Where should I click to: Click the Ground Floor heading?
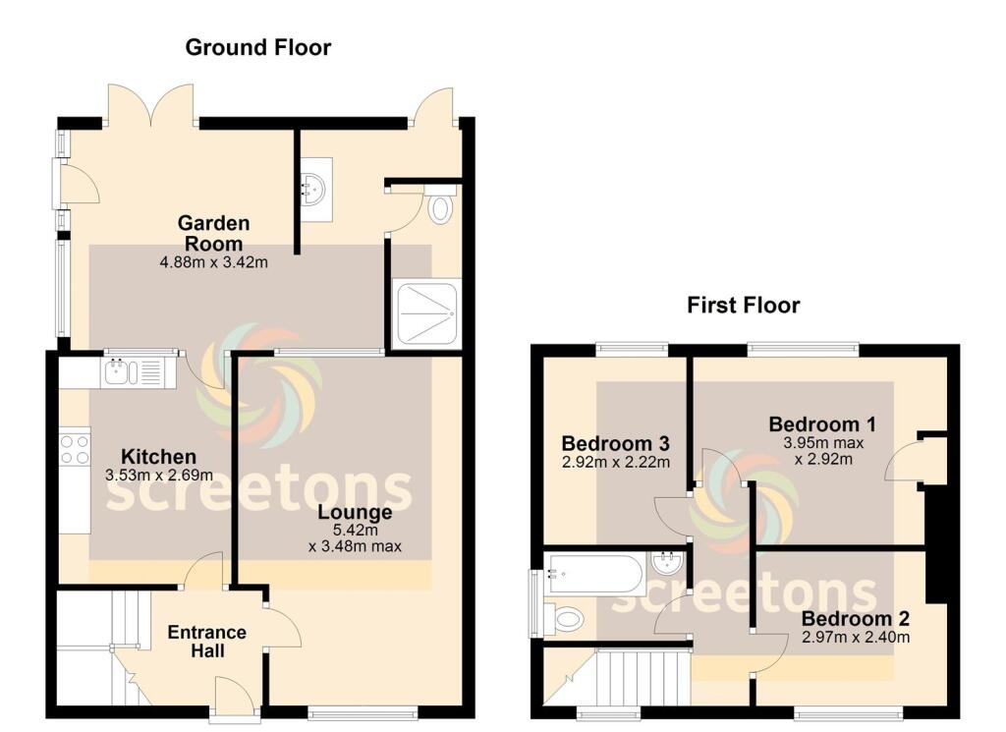(258, 47)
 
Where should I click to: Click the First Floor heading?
(743, 306)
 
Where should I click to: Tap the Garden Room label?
(213, 234)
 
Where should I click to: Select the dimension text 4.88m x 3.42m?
(213, 262)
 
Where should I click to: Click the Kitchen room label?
(158, 457)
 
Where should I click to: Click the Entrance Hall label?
(206, 641)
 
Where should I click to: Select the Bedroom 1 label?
(822, 424)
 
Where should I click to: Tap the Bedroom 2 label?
(855, 619)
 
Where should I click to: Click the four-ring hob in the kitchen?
(74, 449)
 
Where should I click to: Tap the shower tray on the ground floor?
(425, 313)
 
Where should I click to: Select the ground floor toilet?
(441, 207)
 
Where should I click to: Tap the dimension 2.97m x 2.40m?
(855, 638)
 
